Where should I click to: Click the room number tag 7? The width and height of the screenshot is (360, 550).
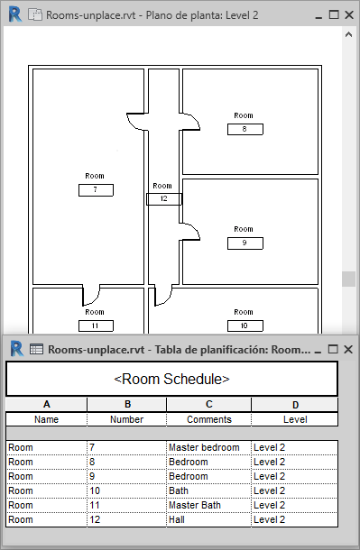(96, 190)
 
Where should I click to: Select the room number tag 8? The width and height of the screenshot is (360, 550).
(245, 129)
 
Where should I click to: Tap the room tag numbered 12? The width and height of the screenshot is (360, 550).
(164, 199)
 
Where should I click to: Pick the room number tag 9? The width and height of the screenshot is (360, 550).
(245, 243)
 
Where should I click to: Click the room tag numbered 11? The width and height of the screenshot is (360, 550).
(96, 325)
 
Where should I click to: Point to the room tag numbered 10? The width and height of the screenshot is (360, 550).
(245, 325)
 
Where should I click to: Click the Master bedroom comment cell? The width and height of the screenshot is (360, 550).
(208, 447)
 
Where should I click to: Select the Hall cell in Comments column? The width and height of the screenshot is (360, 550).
(208, 519)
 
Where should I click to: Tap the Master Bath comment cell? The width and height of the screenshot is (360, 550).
(208, 505)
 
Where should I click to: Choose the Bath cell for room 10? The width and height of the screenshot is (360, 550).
(208, 490)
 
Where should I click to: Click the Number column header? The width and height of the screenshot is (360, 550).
(126, 419)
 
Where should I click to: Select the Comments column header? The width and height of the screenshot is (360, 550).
(208, 419)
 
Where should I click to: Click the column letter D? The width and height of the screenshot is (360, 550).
(295, 405)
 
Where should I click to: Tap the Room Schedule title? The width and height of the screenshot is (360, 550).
(171, 380)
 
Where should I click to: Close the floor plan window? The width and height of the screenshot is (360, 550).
(349, 14)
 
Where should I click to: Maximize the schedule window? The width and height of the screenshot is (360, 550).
(333, 349)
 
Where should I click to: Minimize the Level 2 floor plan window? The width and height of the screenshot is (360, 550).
(318, 16)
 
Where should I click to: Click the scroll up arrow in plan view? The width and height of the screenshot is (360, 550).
(348, 34)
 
